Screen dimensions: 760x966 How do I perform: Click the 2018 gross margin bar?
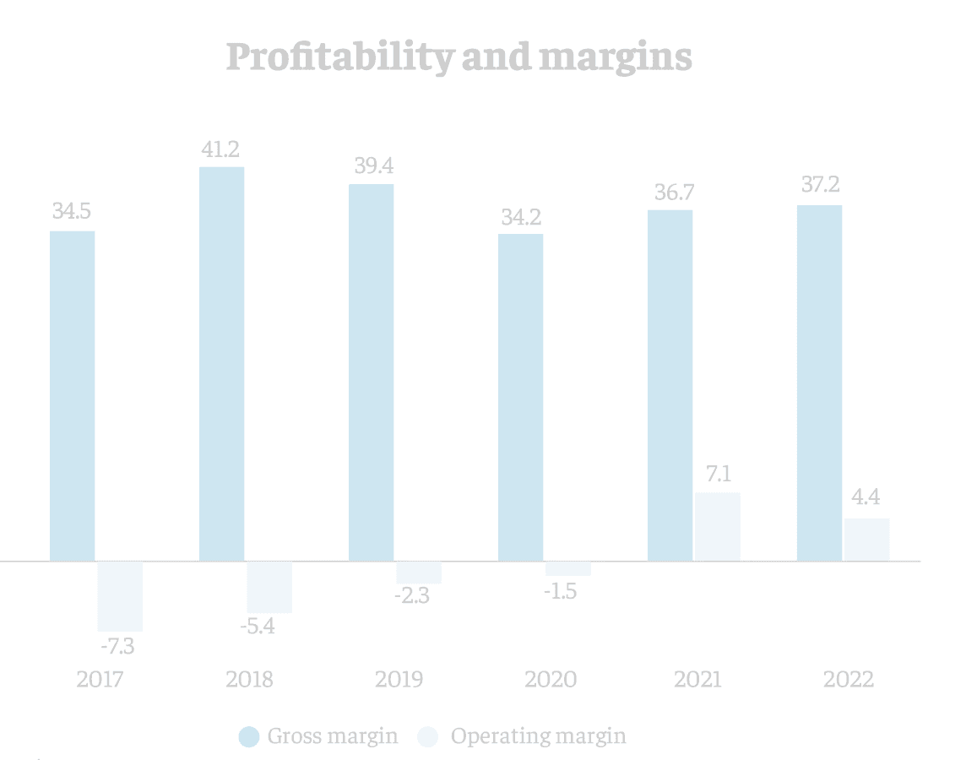tap(221, 363)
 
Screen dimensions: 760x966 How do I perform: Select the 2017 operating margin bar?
tap(120, 596)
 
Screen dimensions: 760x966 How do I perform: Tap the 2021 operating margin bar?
tap(717, 526)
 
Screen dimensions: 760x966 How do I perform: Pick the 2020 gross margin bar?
tap(520, 397)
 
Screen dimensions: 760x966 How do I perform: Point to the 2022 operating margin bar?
tap(866, 539)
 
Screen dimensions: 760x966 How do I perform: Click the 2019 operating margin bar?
tap(419, 573)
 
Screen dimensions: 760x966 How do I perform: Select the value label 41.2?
tap(221, 149)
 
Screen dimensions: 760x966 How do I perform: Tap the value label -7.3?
tap(117, 648)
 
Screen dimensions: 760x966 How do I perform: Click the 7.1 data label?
tap(718, 474)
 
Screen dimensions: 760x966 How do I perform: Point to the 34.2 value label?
tap(520, 216)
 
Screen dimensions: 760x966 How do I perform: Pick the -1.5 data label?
tap(559, 591)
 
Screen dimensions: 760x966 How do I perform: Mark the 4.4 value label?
tap(866, 499)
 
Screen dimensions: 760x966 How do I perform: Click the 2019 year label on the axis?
tap(399, 680)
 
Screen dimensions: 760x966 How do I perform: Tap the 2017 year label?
tap(100, 680)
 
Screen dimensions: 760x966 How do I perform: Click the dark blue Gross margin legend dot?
tap(249, 736)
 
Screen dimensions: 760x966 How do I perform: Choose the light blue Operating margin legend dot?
tap(429, 736)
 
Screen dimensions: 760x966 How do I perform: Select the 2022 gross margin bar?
tap(820, 383)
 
